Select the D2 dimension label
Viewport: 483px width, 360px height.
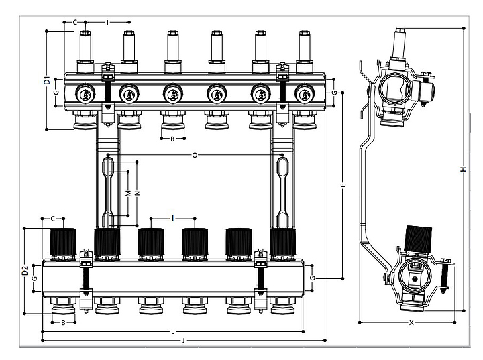pos(25,272)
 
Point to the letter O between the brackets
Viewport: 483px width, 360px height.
pos(195,156)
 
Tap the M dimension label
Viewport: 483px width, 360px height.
pos(128,193)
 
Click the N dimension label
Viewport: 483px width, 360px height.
pos(137,193)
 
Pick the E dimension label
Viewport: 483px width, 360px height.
pos(343,184)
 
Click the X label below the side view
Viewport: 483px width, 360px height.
pos(411,322)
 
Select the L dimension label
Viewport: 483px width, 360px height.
pos(172,331)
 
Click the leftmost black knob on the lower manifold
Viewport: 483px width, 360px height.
pos(64,241)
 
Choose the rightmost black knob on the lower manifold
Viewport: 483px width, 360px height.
pos(282,241)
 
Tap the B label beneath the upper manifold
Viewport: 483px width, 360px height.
pos(172,139)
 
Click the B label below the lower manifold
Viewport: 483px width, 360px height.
pos(63,322)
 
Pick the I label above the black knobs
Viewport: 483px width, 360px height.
pos(172,218)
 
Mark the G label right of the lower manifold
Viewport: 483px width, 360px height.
pos(313,277)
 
